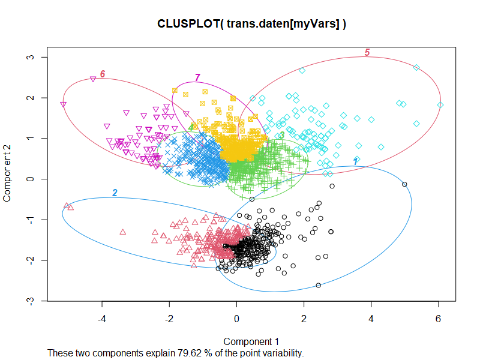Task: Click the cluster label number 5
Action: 367,53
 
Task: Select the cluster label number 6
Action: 103,74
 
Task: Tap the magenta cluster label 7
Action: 197,78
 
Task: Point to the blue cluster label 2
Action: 115,193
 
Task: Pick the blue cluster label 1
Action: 355,162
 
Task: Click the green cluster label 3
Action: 282,136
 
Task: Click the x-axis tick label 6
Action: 439,319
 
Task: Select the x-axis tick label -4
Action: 101,319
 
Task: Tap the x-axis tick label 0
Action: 236,319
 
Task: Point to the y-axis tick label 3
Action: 28,57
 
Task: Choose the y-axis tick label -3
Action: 28,301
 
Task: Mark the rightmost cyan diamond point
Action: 440,105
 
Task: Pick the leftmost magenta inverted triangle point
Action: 63,104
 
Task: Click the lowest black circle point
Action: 318,285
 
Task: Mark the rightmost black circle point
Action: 404,184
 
